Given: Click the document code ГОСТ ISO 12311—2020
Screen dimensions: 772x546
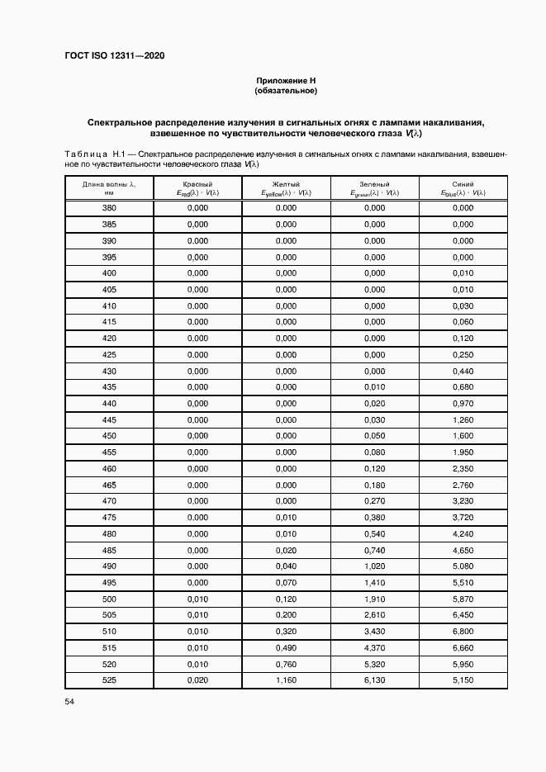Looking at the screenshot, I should click(x=114, y=55).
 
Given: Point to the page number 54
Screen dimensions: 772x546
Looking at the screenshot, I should click(x=69, y=702).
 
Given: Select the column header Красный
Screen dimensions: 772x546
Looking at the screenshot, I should click(x=198, y=183).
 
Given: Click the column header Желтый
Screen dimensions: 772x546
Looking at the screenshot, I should click(x=286, y=183).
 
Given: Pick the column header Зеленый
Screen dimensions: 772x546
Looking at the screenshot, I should click(x=374, y=183).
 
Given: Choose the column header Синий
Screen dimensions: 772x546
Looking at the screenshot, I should click(x=463, y=183).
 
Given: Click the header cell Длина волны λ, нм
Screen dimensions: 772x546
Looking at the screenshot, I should click(x=109, y=187).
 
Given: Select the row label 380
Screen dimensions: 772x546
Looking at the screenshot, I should click(x=109, y=208).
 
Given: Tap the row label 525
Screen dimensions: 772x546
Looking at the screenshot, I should click(x=109, y=680).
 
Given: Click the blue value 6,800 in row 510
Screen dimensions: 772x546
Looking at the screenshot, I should click(x=463, y=632).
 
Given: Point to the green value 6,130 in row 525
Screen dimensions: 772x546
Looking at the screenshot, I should click(x=374, y=680).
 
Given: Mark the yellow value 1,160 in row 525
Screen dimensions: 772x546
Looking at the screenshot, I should click(x=286, y=680).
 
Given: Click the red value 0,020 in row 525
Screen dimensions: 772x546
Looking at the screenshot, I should click(x=198, y=680).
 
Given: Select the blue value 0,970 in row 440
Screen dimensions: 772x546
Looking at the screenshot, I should click(x=463, y=404).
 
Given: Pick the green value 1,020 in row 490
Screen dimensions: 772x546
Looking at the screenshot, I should click(x=374, y=566).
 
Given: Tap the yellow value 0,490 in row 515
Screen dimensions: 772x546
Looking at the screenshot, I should click(x=286, y=648).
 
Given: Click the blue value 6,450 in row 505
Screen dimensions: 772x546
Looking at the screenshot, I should click(x=463, y=615).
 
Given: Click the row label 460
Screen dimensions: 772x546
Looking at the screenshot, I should click(x=109, y=469).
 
